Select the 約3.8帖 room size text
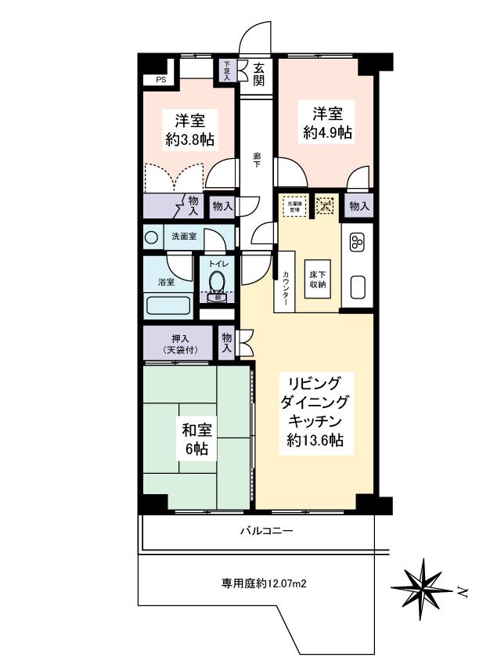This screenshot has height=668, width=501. point(190,140)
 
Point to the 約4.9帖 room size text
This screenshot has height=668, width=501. point(328,132)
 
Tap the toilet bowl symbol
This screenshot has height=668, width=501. point(217,280)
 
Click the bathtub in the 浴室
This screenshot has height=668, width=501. point(168,305)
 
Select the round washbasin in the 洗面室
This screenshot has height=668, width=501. point(151,237)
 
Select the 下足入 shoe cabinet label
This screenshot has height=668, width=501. point(227,71)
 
